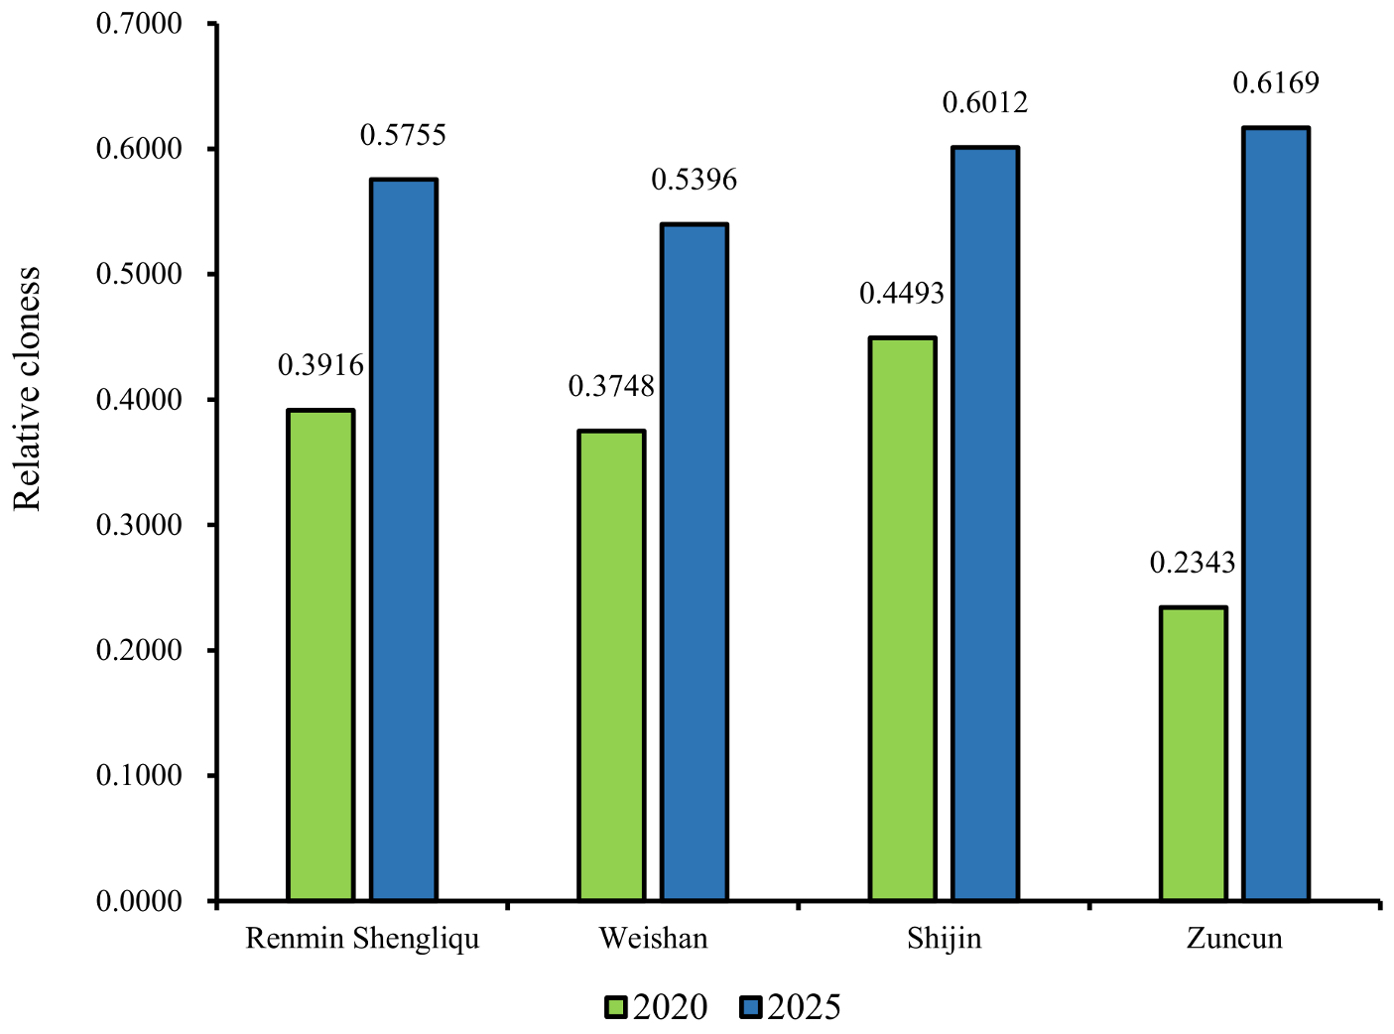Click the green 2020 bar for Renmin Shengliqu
point(320,655)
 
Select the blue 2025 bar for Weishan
point(695,563)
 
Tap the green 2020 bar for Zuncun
point(1194,754)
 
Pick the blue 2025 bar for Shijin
point(985,524)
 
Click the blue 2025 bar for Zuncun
point(1277,514)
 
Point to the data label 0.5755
point(403,135)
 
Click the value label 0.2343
point(1193,564)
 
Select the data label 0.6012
point(985,103)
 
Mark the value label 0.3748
point(611,387)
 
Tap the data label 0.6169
point(1276,83)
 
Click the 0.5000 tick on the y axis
point(139,275)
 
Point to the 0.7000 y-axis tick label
point(139,24)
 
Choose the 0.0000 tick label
point(139,901)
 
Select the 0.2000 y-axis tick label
point(139,651)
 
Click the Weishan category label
point(653,939)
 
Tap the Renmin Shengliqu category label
point(362,939)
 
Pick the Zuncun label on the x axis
point(1234,939)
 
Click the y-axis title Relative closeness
point(28,389)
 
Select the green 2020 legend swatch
point(616,1008)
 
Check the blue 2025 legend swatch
point(751,1008)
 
